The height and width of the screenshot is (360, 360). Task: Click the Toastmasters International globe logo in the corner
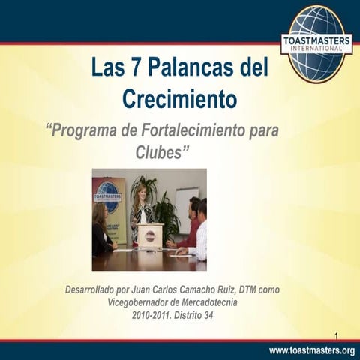click(316, 43)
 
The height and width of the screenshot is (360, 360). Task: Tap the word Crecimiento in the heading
click(179, 99)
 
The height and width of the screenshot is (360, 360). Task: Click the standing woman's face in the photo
click(140, 193)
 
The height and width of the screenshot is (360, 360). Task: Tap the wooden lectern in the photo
click(149, 235)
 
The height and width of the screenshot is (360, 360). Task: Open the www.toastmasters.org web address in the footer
click(311, 350)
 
